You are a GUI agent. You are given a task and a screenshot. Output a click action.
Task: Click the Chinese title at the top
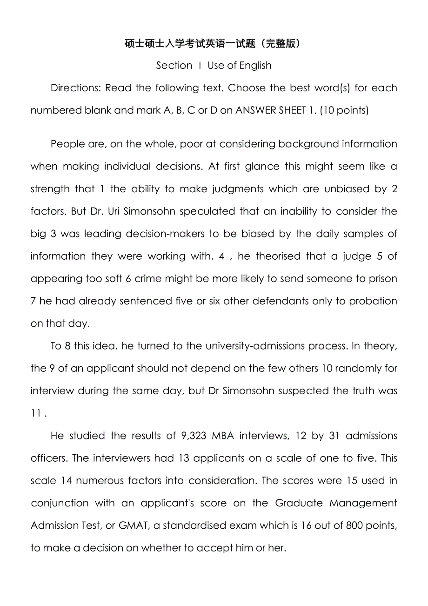[x=214, y=44]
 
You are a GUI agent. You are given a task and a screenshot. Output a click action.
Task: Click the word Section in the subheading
[x=174, y=66]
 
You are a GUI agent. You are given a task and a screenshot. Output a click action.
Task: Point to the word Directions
[x=75, y=88]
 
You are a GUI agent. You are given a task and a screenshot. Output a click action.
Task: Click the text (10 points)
[x=344, y=110]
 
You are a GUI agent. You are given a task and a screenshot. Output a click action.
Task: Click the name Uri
[x=114, y=211]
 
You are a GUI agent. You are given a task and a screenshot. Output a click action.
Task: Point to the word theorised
[x=279, y=256]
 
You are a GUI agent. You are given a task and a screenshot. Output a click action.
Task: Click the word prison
[x=382, y=278]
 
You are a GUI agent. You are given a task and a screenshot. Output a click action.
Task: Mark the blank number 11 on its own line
[x=36, y=413]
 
